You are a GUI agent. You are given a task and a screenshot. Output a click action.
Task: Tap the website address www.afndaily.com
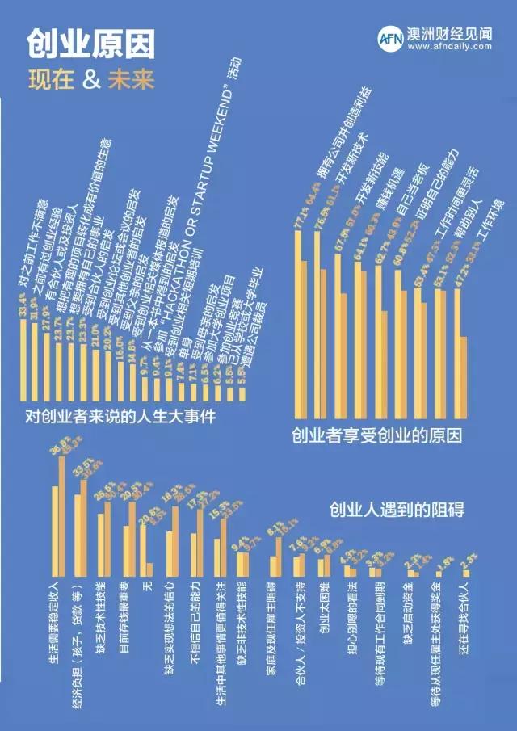click(x=450, y=47)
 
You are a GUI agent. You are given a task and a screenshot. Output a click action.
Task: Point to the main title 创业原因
click(x=90, y=44)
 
